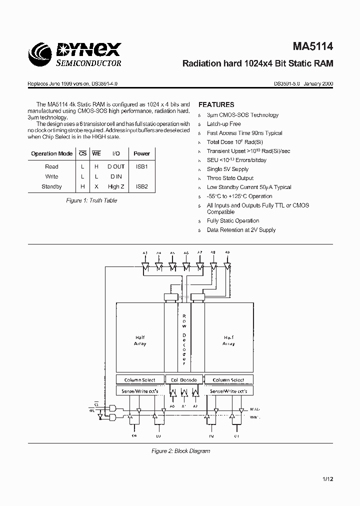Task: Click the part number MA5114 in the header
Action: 313,47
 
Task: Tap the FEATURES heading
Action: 216,104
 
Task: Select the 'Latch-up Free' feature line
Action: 223,124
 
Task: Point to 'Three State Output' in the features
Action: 230,178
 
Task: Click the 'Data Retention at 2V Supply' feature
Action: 241,230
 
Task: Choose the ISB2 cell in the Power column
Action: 142,186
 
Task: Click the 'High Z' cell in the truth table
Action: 116,186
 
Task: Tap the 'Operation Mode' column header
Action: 51,154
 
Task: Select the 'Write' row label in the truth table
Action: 51,176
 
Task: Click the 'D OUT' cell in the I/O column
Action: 116,166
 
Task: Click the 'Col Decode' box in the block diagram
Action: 184,380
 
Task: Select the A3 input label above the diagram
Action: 145,253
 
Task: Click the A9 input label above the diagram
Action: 227,253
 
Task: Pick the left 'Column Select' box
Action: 140,380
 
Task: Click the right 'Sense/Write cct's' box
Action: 228,390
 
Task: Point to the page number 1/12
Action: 327,479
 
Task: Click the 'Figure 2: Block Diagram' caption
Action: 180,451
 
